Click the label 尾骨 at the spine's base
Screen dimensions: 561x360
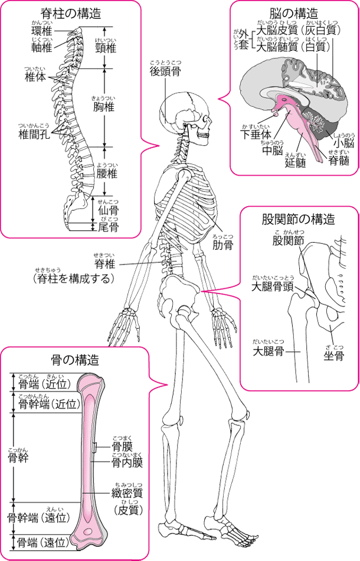107,227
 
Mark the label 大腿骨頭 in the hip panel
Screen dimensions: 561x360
272,286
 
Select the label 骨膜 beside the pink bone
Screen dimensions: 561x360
122,443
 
